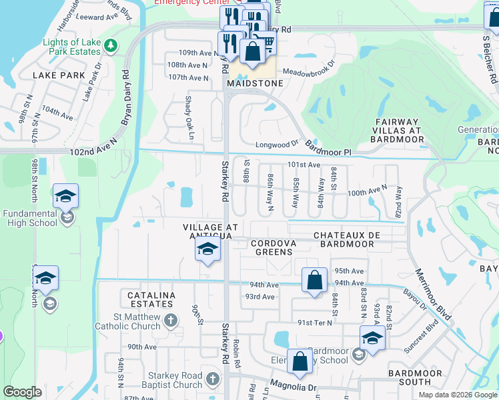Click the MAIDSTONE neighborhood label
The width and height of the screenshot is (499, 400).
coord(255,84)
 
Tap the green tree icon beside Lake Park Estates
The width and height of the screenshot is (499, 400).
coord(111,46)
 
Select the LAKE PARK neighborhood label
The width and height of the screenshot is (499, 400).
coord(59,76)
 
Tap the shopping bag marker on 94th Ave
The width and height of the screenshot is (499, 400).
coord(314,280)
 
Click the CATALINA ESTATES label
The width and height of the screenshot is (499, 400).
coord(147,300)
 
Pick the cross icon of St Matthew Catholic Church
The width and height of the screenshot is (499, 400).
coord(170,321)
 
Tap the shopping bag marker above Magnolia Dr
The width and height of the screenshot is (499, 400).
coord(300,361)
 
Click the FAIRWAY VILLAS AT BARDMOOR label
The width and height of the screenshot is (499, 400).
coord(399,131)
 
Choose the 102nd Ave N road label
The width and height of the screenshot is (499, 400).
coord(93,153)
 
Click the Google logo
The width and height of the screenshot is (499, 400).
coord(23,392)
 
